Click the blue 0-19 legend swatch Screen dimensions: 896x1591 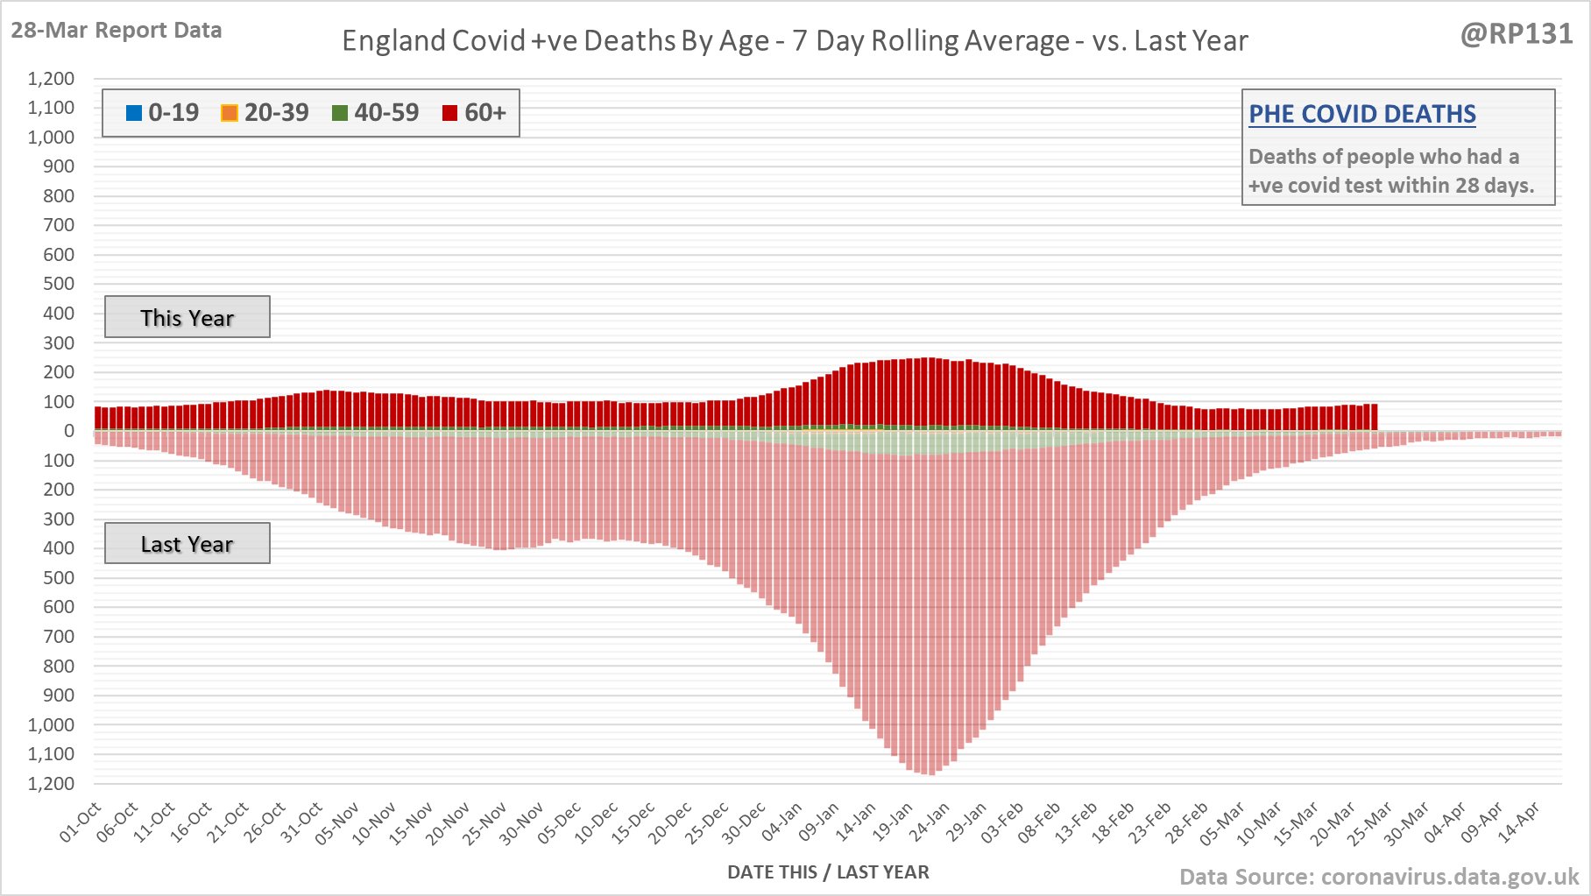point(134,113)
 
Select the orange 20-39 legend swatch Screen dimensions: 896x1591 point(230,113)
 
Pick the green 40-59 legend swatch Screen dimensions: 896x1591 point(340,113)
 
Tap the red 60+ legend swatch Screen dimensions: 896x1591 point(450,113)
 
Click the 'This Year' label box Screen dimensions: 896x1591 point(187,317)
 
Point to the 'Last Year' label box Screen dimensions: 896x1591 point(187,544)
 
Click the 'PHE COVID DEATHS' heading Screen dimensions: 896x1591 point(1361,114)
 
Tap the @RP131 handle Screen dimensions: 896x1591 point(1517,34)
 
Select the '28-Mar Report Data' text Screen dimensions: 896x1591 point(117,30)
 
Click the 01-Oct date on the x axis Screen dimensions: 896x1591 point(81,822)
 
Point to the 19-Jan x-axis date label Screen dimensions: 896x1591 point(894,822)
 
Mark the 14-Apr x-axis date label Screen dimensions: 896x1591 point(1519,822)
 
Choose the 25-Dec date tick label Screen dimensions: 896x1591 point(708,822)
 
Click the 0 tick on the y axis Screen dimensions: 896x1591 point(68,431)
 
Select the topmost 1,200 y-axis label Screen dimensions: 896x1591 point(51,79)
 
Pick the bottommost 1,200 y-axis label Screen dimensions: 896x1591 point(51,783)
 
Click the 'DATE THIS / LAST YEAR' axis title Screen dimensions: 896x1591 point(828,872)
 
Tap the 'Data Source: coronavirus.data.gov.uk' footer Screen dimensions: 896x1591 point(1379,877)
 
